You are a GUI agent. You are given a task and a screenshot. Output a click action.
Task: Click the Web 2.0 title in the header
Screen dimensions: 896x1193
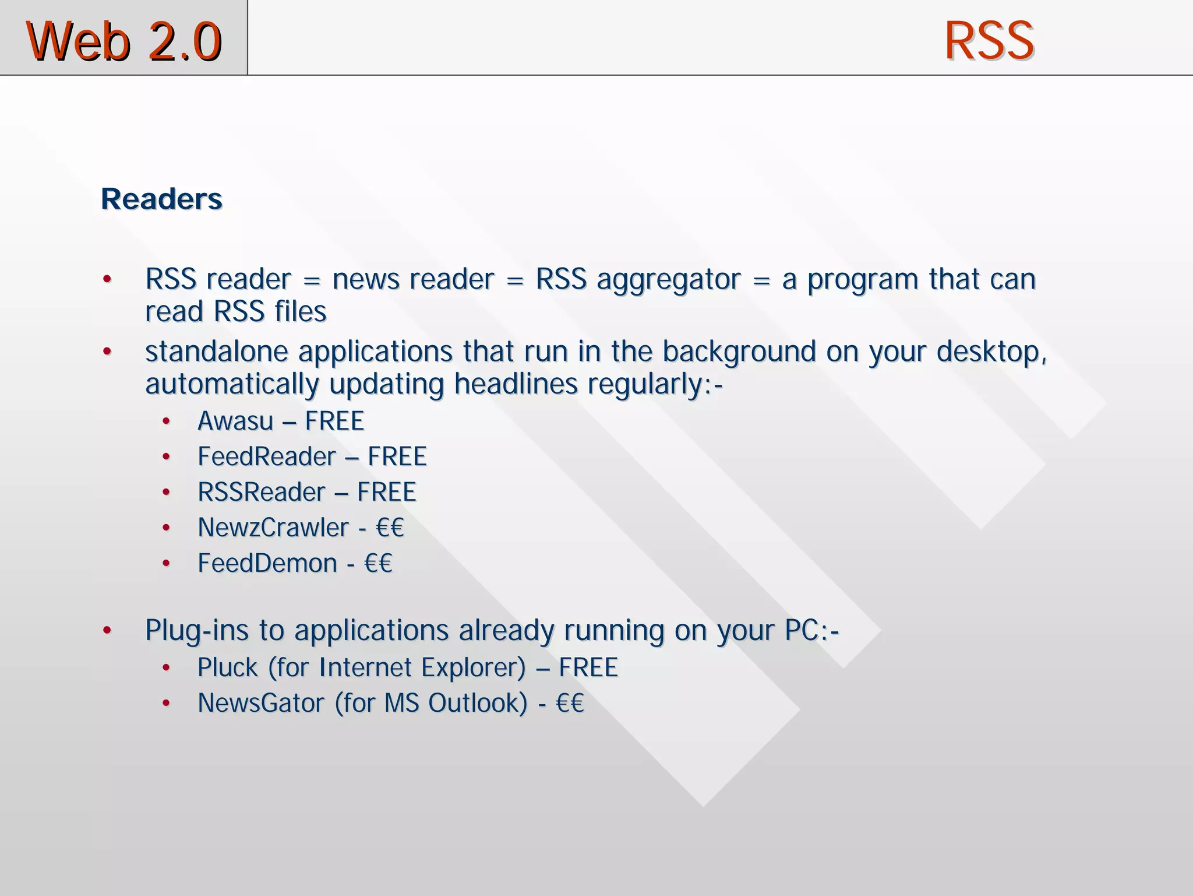click(124, 41)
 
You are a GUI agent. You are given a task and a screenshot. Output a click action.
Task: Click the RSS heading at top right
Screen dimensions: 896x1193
click(989, 41)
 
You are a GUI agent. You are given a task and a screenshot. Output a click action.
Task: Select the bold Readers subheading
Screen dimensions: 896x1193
click(161, 199)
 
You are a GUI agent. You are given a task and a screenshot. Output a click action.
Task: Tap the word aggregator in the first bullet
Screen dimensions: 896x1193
click(669, 279)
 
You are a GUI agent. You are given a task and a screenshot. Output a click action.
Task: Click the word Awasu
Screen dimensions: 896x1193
click(235, 421)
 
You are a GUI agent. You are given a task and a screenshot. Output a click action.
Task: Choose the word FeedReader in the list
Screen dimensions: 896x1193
click(267, 456)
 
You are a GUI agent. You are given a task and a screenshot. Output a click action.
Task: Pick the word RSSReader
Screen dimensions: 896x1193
click(262, 492)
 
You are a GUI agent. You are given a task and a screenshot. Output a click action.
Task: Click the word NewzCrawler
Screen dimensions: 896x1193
click(273, 528)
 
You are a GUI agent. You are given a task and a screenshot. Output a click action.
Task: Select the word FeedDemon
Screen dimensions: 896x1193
click(267, 563)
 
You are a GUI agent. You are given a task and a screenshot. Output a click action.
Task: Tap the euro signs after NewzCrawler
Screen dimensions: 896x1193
click(390, 528)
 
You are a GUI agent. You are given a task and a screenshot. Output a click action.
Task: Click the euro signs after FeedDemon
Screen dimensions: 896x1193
click(378, 563)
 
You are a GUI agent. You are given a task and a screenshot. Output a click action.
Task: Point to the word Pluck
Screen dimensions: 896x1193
click(227, 667)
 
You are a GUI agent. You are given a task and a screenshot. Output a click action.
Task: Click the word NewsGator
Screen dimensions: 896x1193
click(261, 703)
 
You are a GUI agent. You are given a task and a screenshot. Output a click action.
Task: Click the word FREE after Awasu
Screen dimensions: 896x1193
click(334, 421)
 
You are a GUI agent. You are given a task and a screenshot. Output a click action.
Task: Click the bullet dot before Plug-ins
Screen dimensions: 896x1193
click(107, 630)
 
